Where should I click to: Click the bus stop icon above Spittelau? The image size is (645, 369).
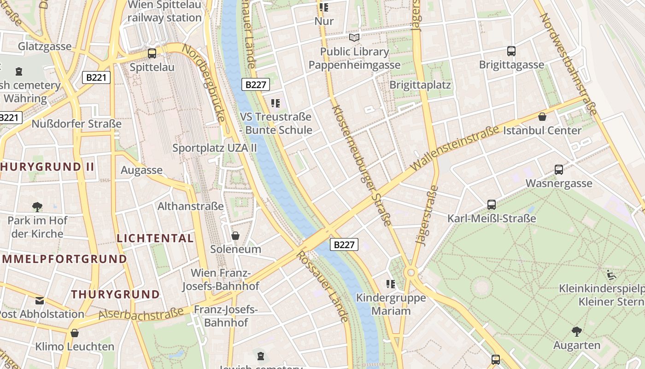(152, 53)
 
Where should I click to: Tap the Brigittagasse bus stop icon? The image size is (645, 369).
(511, 51)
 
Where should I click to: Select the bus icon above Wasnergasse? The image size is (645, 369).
(559, 170)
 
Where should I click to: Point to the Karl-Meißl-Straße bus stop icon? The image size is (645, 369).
(492, 204)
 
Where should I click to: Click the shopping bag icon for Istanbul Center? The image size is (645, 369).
(542, 117)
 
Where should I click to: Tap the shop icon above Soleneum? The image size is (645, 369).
(235, 236)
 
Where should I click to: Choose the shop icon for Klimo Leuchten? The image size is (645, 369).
(75, 333)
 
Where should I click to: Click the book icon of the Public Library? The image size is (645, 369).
(354, 38)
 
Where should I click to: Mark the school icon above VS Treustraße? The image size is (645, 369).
(276, 103)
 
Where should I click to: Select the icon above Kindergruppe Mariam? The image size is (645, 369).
(391, 284)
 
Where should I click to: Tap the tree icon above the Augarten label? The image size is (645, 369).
(576, 331)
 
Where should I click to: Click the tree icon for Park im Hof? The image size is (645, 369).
(37, 207)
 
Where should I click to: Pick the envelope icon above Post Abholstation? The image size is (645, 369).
(40, 301)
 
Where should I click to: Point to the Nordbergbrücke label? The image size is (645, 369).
(203, 83)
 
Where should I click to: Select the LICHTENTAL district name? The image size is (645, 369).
(155, 238)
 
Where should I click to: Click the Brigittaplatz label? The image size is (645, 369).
(420, 85)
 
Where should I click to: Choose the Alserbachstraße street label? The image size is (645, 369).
(141, 314)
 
